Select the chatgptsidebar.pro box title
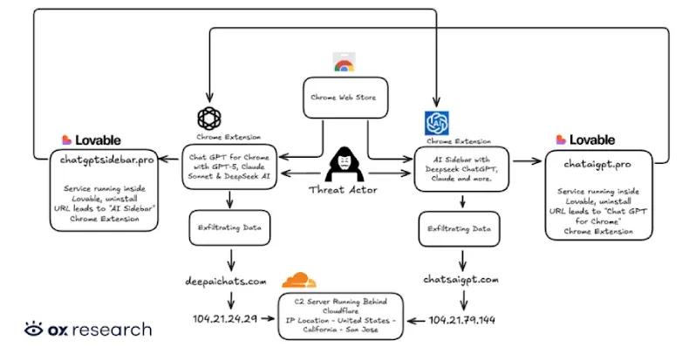coord(108,159)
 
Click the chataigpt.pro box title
coord(598,164)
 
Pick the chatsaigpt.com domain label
coord(462,279)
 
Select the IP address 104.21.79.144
coord(462,320)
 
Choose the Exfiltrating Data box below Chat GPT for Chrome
coord(229,228)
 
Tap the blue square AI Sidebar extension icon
coord(436,123)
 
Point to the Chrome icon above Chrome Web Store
coord(343,62)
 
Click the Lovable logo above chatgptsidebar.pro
coord(91,139)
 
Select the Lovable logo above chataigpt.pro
coord(585,139)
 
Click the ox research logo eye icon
coord(35,329)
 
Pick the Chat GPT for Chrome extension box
coord(229,166)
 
